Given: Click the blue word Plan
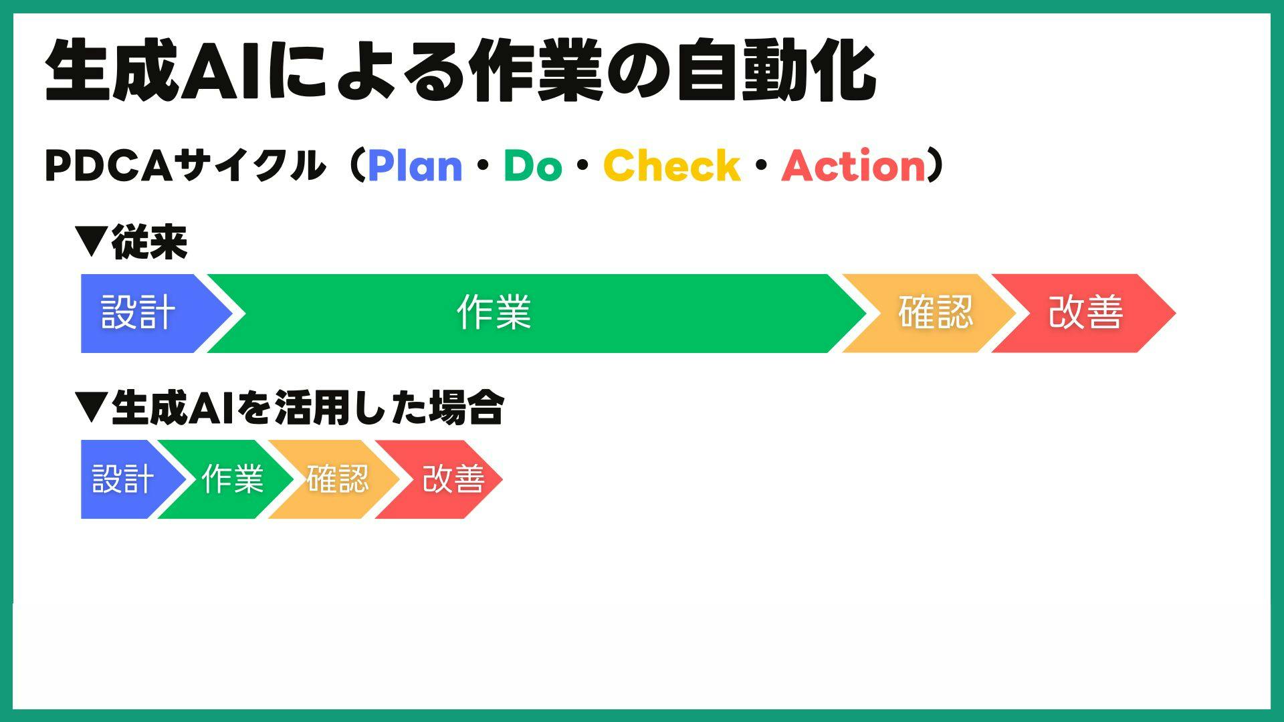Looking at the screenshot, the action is click(415, 165).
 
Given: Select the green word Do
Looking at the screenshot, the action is click(532, 165).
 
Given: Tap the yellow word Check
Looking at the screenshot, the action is click(671, 165).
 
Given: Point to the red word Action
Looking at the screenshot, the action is click(853, 165).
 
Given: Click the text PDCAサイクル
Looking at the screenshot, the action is click(184, 165).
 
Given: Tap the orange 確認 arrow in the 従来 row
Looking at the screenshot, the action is click(930, 313).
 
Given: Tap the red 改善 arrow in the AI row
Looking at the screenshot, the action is click(439, 479).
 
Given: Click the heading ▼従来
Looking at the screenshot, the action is click(131, 242).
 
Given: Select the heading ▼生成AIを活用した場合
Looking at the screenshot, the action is click(290, 408).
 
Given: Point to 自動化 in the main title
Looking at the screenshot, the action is click(776, 71).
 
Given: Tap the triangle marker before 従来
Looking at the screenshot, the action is click(91, 242).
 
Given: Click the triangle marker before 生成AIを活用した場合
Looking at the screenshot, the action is click(91, 408).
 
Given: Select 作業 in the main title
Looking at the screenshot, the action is click(536, 71).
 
